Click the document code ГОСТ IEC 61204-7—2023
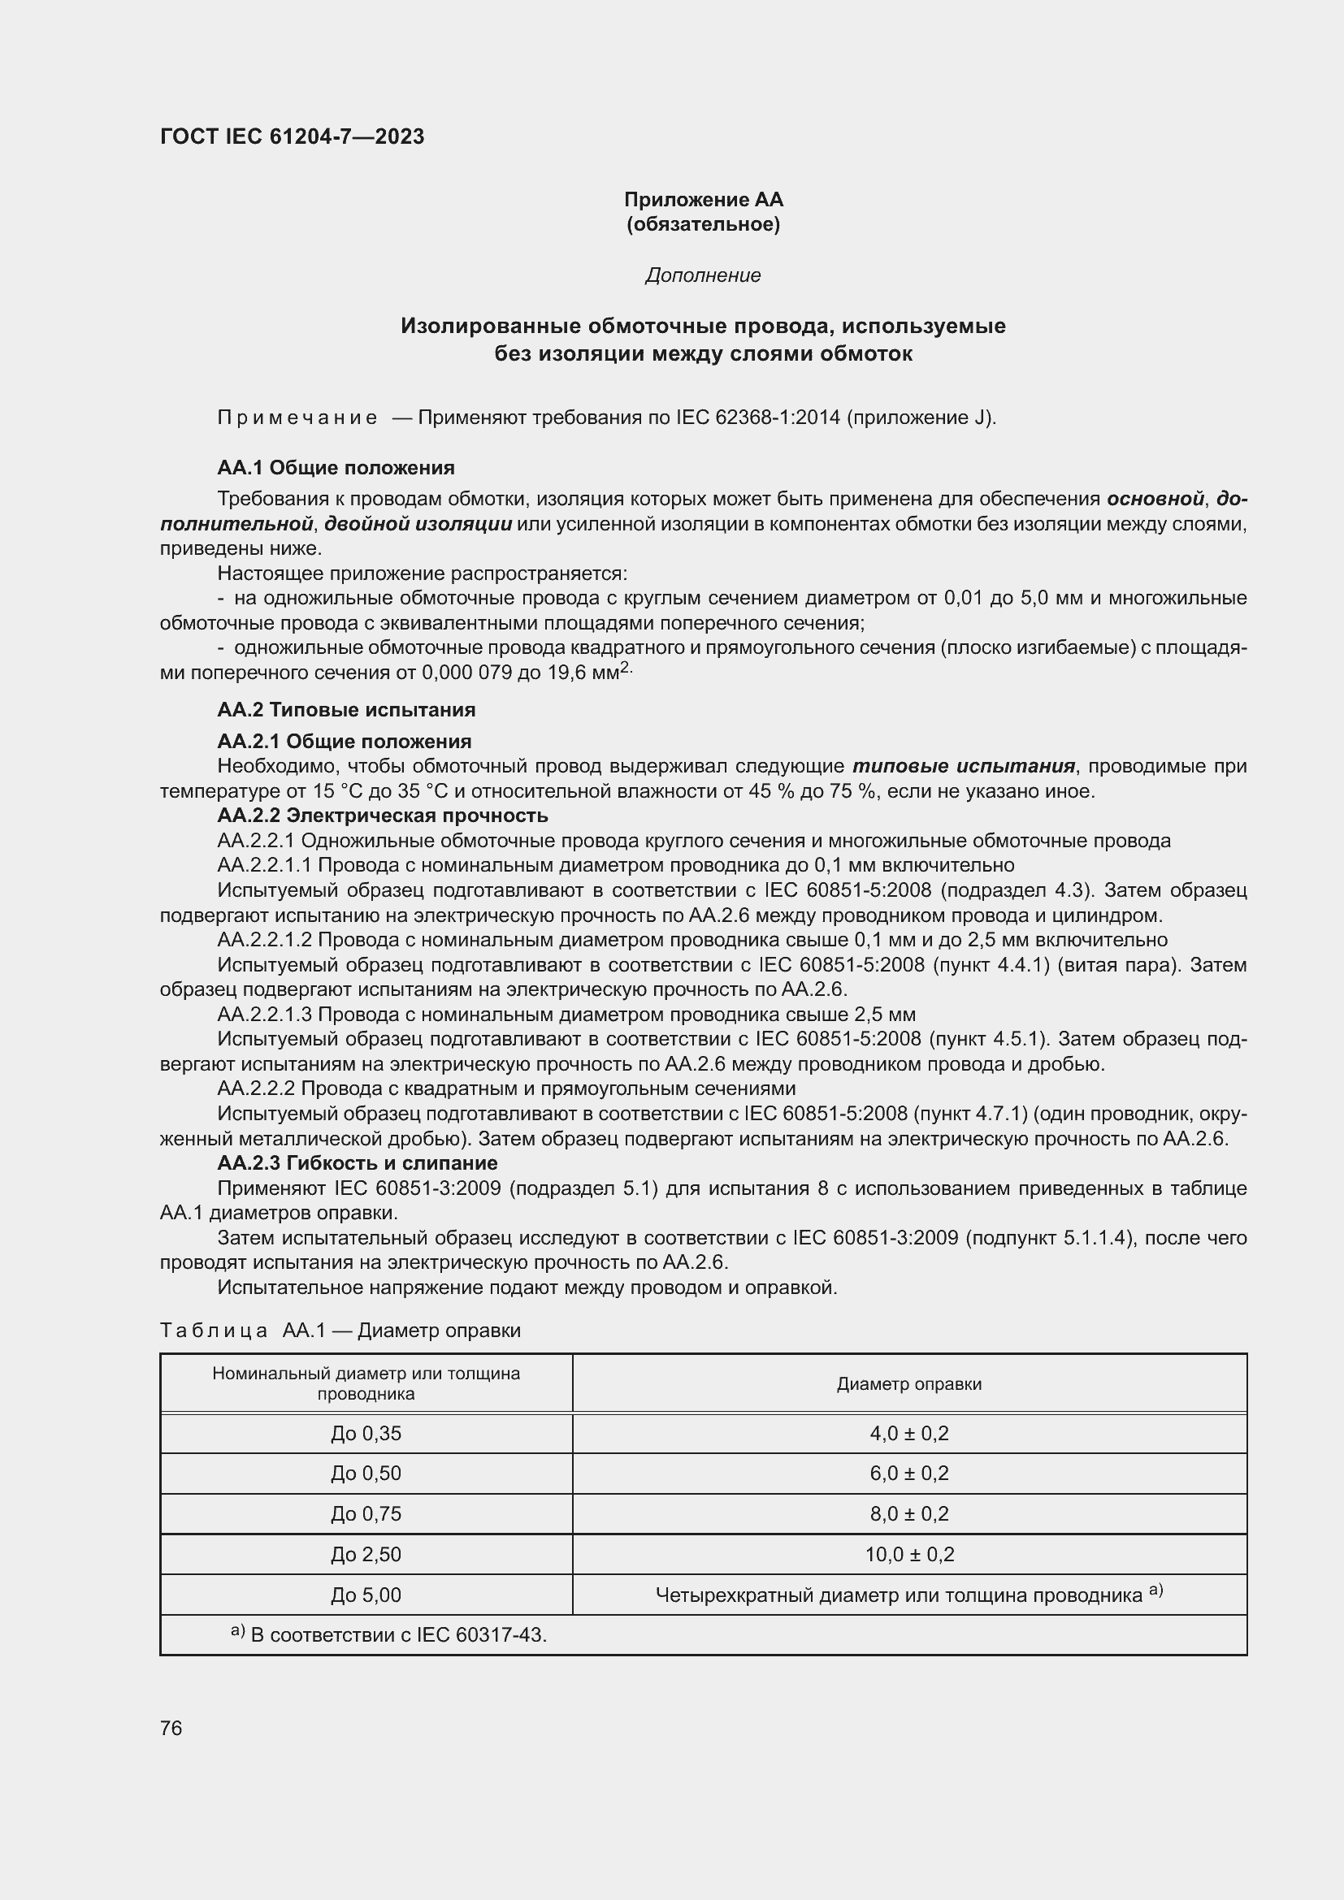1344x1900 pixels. [x=293, y=136]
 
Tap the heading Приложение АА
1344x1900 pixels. [x=703, y=200]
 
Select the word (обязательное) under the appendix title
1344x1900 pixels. [x=703, y=224]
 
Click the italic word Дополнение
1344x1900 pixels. [x=703, y=275]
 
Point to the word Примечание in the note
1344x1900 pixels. [x=297, y=418]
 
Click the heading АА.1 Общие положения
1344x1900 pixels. [x=336, y=469]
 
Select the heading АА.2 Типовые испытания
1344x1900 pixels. [x=346, y=710]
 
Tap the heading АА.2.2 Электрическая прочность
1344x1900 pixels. [x=383, y=816]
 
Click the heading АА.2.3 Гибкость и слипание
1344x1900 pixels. [x=358, y=1163]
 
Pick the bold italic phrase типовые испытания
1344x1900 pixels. [x=964, y=766]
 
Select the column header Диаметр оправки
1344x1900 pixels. [x=908, y=1384]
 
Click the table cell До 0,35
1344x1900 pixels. [x=366, y=1433]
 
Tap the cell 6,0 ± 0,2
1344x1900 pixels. [x=908, y=1474]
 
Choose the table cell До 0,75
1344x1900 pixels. [x=366, y=1513]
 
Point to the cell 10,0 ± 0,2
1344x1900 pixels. [x=908, y=1554]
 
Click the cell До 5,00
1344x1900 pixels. [x=366, y=1595]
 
